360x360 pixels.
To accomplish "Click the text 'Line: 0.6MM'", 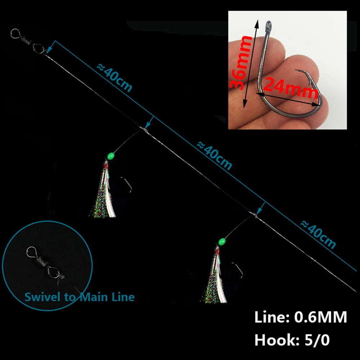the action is point(301,317).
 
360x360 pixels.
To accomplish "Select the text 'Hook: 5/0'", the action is point(292,340).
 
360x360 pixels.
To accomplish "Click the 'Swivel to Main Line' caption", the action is point(80,297).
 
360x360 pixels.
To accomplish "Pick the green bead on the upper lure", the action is point(111,156).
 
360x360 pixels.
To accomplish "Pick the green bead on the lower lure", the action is point(222,241).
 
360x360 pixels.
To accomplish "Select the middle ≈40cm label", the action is point(215,156).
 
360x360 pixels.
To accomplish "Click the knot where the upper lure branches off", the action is point(145,130).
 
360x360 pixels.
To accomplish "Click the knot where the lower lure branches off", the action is point(255,215).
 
